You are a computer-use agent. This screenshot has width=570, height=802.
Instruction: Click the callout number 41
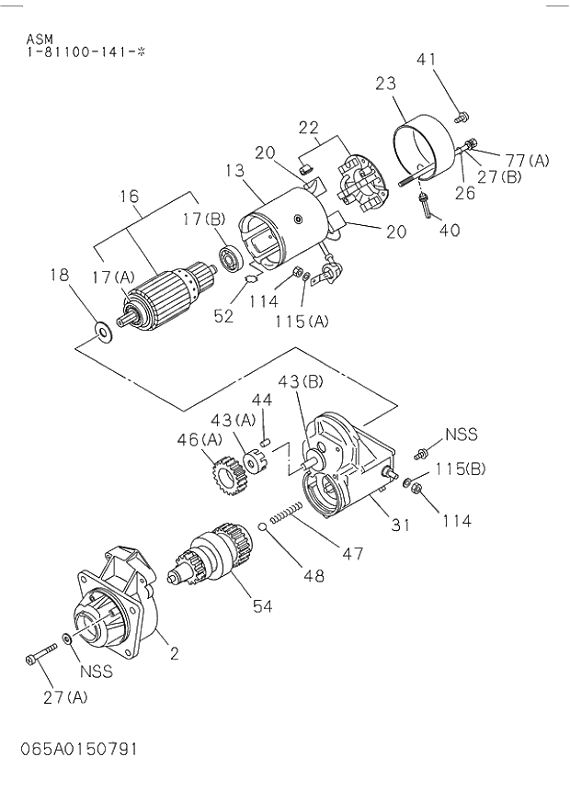(x=426, y=60)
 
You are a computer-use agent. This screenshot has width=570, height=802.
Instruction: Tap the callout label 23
(x=386, y=85)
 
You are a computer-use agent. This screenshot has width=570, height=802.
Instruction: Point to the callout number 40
(x=450, y=230)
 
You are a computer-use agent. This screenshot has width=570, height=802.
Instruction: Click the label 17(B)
(x=202, y=220)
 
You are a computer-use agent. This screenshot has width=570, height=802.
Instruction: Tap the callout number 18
(x=59, y=274)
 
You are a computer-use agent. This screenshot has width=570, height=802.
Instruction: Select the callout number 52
(x=223, y=316)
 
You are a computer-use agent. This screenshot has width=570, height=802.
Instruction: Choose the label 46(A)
(x=199, y=440)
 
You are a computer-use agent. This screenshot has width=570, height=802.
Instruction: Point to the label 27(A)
(x=64, y=696)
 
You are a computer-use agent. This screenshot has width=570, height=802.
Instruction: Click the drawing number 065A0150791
(x=79, y=749)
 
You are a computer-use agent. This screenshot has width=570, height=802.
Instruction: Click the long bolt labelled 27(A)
(x=41, y=655)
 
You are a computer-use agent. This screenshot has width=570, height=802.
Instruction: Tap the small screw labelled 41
(x=462, y=117)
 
